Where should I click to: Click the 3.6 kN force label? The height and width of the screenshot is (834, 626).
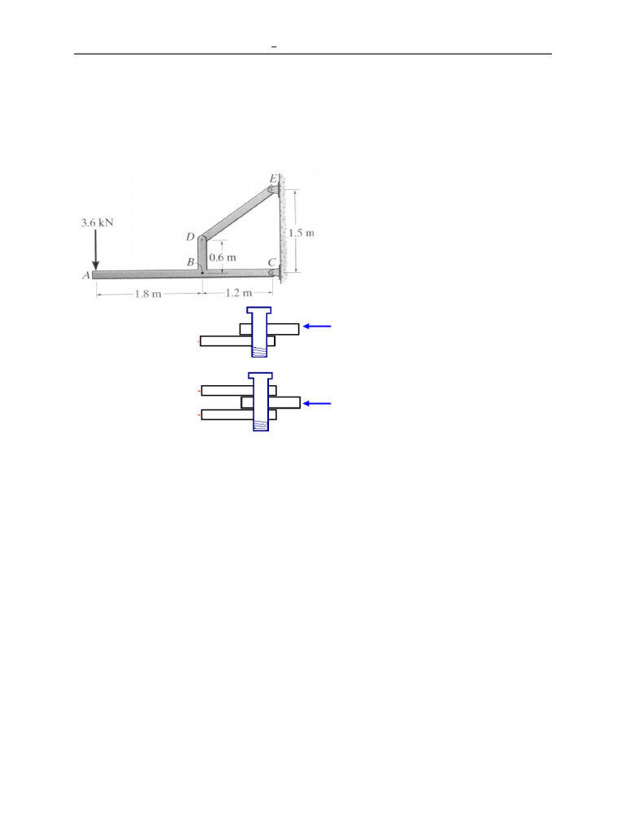(x=97, y=222)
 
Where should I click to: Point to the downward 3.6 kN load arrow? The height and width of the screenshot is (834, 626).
(x=96, y=249)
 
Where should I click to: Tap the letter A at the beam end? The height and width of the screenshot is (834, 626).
(x=86, y=275)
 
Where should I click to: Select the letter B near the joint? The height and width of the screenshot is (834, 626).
(x=190, y=261)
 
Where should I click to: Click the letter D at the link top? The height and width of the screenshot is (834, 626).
(x=190, y=237)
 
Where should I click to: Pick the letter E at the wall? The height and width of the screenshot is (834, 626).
(x=273, y=178)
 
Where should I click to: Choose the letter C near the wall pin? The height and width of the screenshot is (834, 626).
(x=272, y=262)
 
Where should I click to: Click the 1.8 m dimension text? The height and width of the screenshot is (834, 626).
(x=148, y=293)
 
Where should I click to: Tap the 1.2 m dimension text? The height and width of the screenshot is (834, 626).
(x=239, y=292)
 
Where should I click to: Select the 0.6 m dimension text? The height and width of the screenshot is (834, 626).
(x=223, y=257)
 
